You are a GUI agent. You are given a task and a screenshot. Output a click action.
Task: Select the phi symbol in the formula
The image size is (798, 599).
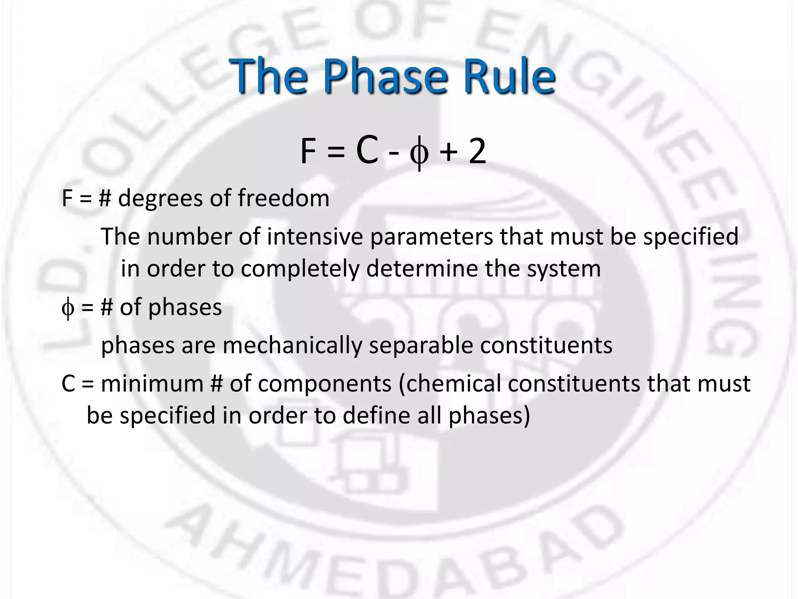[419, 153]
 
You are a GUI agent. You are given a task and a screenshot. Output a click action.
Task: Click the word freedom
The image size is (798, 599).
[284, 198]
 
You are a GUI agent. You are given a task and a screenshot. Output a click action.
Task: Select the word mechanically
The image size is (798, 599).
[292, 346]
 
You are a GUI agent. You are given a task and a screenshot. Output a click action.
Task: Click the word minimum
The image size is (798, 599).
[152, 383]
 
